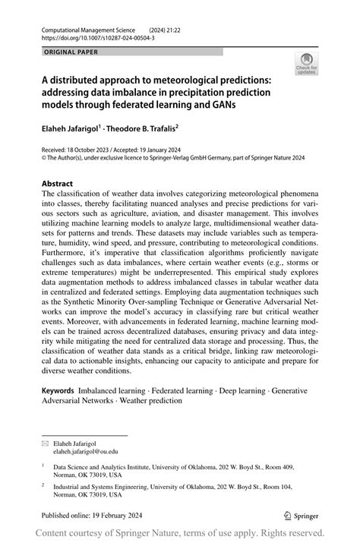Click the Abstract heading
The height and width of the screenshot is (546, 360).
(x=57, y=184)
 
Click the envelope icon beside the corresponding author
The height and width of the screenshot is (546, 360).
(x=45, y=441)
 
